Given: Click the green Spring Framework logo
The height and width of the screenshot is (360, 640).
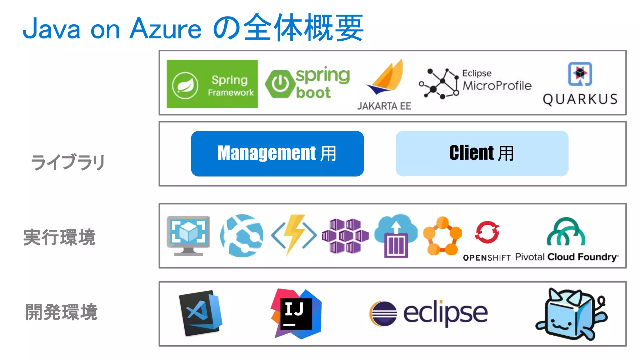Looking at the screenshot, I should (212, 84).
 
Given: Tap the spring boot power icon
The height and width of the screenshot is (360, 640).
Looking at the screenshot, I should (280, 84).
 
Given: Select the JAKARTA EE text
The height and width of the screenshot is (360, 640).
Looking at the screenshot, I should (384, 106).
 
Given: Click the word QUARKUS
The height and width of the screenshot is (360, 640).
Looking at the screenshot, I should (580, 99).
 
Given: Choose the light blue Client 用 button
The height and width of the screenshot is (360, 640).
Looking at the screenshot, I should (482, 153).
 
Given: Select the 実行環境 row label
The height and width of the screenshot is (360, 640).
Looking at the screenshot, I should (59, 237).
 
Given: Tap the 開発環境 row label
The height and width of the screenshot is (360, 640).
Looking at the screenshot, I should (61, 312).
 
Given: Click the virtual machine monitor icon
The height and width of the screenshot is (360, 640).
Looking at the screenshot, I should (188, 235).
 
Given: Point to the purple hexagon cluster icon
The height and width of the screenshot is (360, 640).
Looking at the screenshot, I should (345, 236).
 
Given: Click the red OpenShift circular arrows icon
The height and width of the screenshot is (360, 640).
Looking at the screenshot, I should (487, 232).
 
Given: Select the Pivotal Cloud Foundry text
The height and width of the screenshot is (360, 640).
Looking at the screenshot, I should (566, 257).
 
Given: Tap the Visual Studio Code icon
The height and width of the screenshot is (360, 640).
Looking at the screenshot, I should (201, 313).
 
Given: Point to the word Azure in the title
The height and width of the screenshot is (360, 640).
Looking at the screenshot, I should (165, 29).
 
